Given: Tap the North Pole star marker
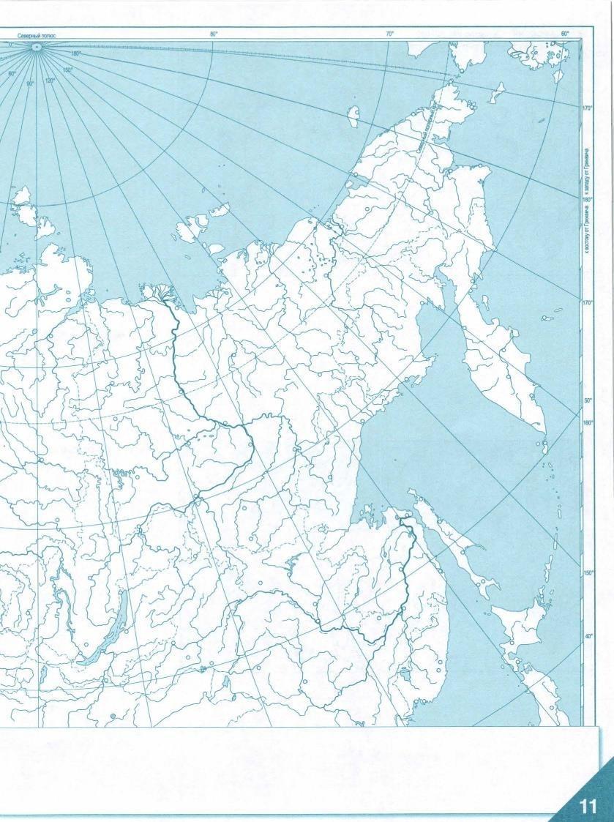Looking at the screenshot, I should [x=36, y=46].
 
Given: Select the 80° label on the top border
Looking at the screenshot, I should [x=214, y=34].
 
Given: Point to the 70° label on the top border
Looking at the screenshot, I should [x=389, y=34].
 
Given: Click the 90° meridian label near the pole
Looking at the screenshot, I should [x=31, y=83].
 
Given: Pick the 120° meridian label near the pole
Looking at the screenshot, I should [x=50, y=81].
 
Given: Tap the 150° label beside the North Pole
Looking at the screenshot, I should [x=68, y=70].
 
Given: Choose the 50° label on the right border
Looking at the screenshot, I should [x=588, y=401].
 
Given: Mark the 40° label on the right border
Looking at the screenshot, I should [x=588, y=636].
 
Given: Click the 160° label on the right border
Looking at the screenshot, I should [x=588, y=422].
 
